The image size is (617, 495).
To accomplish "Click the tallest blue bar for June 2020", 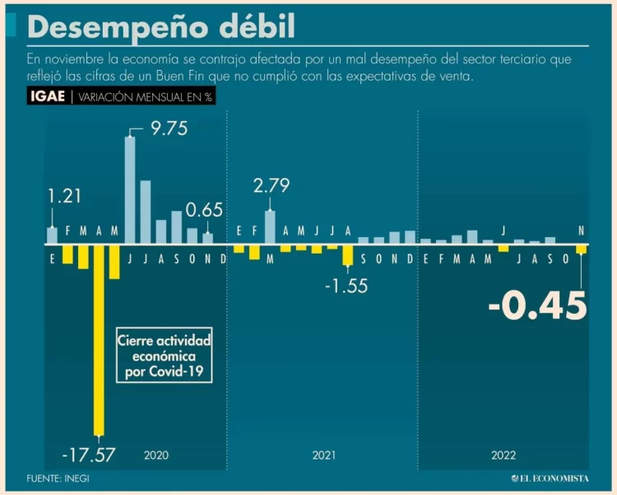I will (x=130, y=190).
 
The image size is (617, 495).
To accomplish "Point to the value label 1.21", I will (x=65, y=197).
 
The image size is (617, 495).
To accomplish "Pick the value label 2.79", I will (x=271, y=186).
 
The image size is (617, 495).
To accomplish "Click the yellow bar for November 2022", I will (x=581, y=250).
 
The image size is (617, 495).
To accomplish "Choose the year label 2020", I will (x=156, y=455).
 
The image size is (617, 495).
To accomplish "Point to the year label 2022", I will (x=504, y=455).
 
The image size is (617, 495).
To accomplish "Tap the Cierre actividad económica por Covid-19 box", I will (x=164, y=356).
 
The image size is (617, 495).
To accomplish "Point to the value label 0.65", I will (x=204, y=210).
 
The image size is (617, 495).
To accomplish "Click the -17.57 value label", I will (x=88, y=453).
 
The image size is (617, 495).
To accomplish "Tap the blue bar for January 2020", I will (x=53, y=236).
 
